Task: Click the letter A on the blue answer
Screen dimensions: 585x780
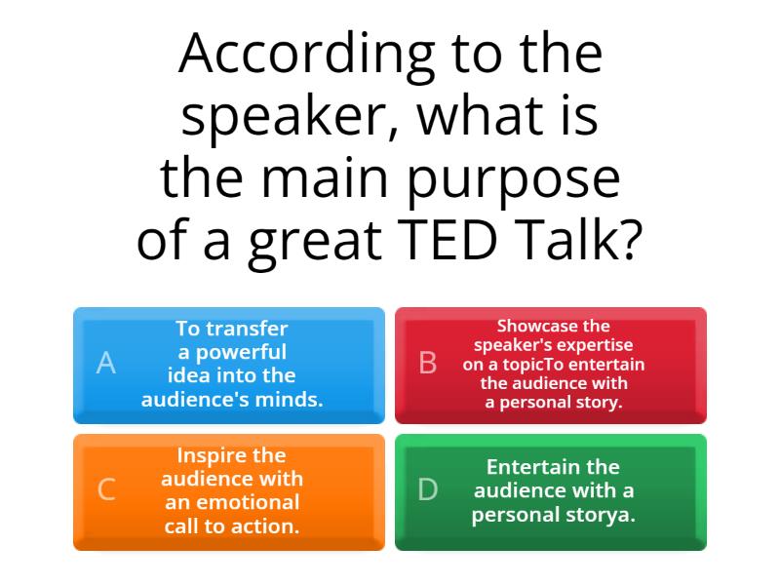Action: (x=106, y=364)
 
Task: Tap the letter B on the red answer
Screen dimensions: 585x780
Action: (x=428, y=364)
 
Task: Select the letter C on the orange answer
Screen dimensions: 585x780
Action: (x=106, y=490)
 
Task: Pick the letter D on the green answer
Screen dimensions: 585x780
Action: (x=428, y=490)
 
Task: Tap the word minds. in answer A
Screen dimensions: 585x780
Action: (x=291, y=399)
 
